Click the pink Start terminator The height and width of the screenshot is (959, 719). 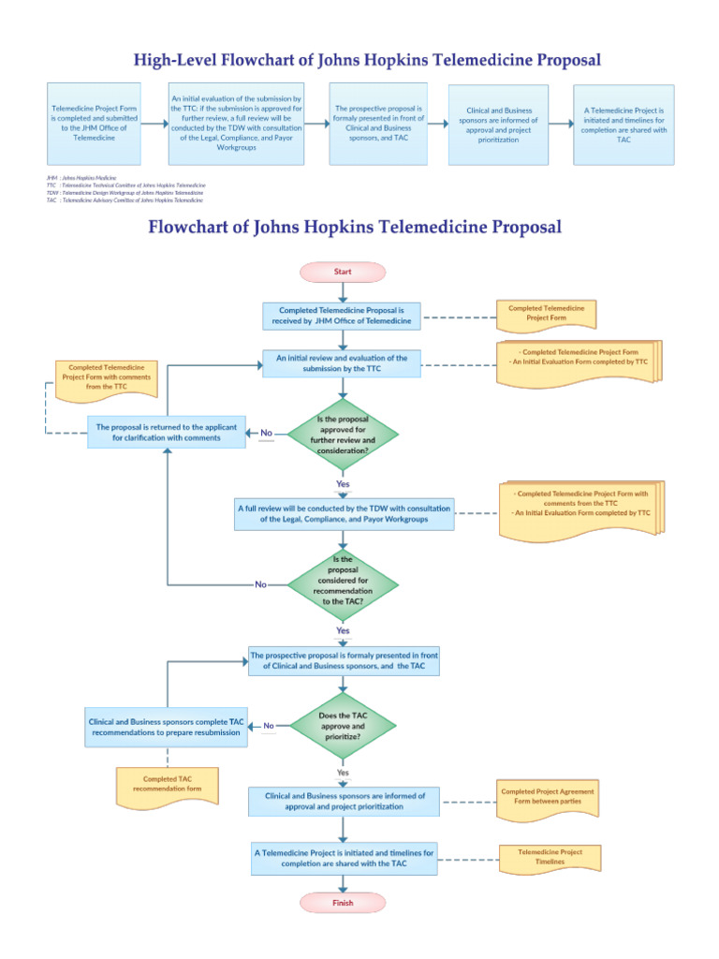(342, 272)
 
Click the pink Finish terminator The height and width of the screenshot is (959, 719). (343, 903)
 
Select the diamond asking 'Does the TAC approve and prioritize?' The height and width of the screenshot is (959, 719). (343, 725)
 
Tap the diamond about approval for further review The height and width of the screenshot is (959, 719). (343, 433)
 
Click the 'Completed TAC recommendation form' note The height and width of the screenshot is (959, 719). (167, 785)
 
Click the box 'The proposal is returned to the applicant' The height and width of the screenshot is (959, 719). (167, 432)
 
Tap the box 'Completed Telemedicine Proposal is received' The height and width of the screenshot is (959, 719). (342, 316)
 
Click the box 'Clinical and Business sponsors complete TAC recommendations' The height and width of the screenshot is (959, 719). (166, 728)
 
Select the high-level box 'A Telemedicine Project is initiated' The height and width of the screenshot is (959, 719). (623, 124)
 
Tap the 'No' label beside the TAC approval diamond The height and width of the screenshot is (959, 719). (269, 726)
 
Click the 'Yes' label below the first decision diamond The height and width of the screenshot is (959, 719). (343, 484)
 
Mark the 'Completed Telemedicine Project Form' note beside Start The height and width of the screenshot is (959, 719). (546, 313)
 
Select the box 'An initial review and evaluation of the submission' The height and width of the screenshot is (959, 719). (342, 363)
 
